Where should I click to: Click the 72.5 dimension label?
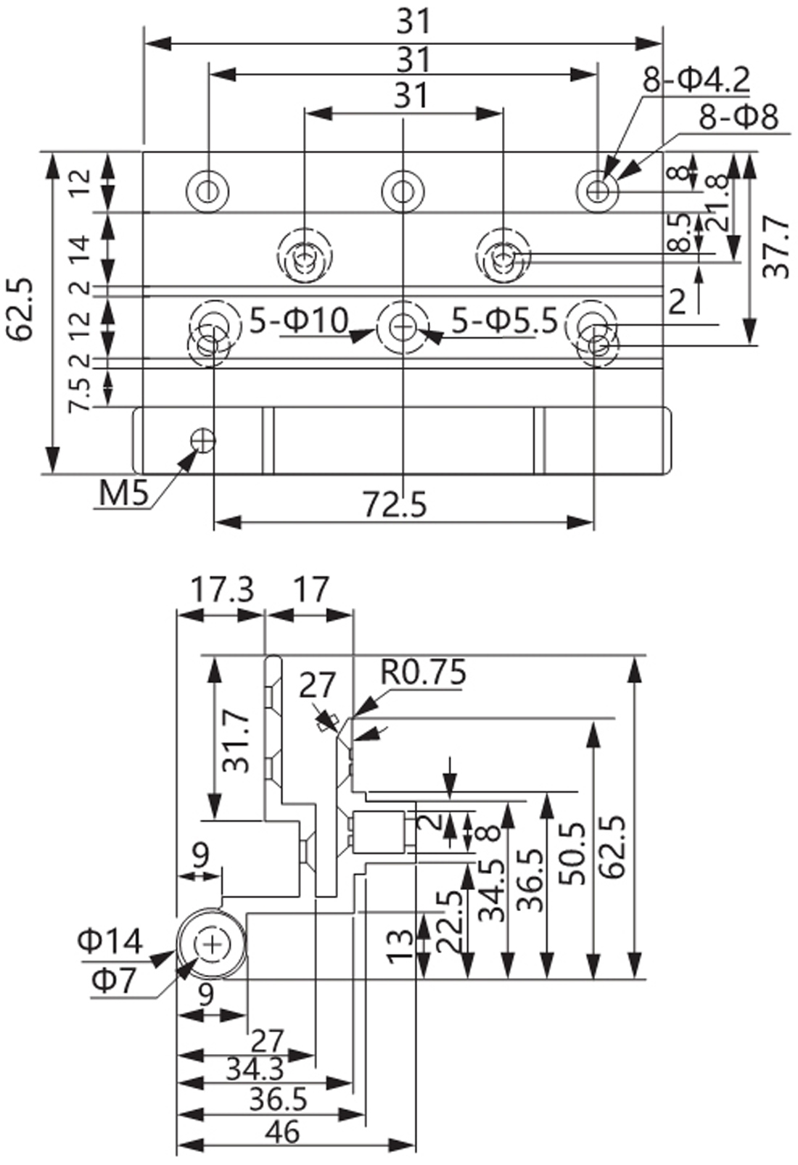pyautogui.click(x=395, y=505)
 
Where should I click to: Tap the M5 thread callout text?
pyautogui.click(x=123, y=494)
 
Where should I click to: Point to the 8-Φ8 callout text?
pyautogui.click(x=739, y=117)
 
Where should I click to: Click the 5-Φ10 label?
pyautogui.click(x=299, y=320)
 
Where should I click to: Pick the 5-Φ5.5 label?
pyautogui.click(x=505, y=320)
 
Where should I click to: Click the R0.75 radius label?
pyautogui.click(x=424, y=672)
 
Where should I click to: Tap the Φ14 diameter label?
pyautogui.click(x=110, y=942)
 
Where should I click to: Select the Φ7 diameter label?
pyautogui.click(x=114, y=981)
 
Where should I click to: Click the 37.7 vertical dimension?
pyautogui.click(x=778, y=246)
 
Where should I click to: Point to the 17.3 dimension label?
pyautogui.click(x=222, y=590)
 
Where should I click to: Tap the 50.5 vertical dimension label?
pyautogui.click(x=572, y=853)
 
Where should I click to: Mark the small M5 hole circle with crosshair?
pyautogui.click(x=203, y=439)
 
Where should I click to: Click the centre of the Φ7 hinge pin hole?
pyautogui.click(x=212, y=944)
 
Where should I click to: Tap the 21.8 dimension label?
pyautogui.click(x=717, y=213)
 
